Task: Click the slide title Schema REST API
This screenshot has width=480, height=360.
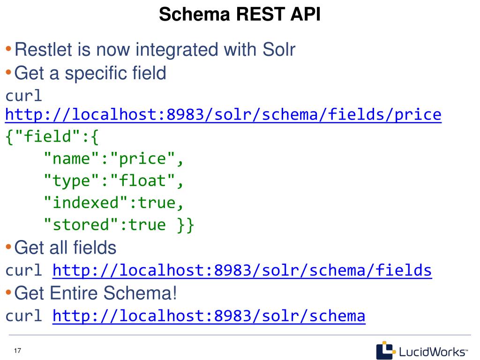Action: [240, 15]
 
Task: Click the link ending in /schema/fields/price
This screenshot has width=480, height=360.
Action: [223, 115]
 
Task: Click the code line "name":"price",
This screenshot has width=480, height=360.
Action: [114, 159]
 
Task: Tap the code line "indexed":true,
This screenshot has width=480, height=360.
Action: [114, 203]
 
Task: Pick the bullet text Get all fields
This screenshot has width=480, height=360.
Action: [65, 247]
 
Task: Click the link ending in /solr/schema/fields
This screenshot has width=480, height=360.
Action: [242, 270]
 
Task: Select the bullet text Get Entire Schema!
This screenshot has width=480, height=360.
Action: [96, 293]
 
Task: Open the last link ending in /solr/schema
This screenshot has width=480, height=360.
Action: [209, 316]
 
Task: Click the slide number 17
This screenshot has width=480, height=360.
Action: [18, 352]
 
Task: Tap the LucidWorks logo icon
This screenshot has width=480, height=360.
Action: [385, 350]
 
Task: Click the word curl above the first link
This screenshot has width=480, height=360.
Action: [24, 96]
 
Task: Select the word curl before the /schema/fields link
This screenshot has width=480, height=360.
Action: [24, 270]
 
